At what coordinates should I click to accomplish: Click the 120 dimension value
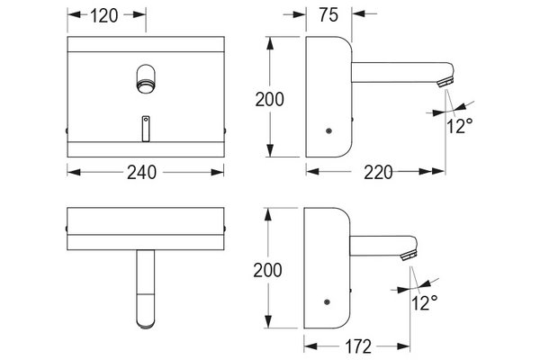tap(104, 15)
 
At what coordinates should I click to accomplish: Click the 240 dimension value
tap(141, 172)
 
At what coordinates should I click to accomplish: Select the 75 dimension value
tap(328, 14)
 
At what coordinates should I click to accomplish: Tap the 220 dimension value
tap(378, 172)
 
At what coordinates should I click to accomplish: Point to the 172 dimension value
tap(358, 346)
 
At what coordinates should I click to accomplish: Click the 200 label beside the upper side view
tap(270, 99)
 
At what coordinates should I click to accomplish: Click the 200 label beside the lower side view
tap(267, 270)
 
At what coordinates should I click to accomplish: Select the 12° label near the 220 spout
tap(459, 126)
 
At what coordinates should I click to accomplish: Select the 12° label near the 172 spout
tap(424, 302)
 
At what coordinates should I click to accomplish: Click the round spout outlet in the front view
tap(146, 85)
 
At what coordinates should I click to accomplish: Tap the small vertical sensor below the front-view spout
tap(146, 129)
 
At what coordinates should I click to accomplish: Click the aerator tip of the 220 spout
tap(446, 83)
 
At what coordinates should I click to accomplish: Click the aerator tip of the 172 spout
tap(409, 256)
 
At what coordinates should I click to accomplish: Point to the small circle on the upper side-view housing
tap(328, 130)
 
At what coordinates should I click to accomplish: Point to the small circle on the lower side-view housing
tap(327, 302)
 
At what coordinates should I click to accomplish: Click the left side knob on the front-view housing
tap(67, 130)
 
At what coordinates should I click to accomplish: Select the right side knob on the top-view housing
tap(225, 228)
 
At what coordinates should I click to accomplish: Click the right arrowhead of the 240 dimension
tap(218, 172)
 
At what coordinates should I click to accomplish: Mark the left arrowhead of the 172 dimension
tap(310, 346)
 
